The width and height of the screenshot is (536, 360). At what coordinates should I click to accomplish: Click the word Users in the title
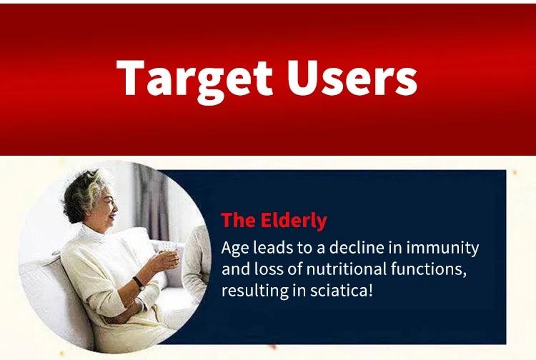pos(352,78)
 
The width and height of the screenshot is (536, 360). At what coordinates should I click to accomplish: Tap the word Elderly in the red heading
pos(294,220)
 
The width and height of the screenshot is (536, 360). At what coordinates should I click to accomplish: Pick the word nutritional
pos(346,269)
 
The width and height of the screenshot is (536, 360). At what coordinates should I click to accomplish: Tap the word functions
pos(429,269)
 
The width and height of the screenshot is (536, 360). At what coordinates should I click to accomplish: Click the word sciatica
pos(341,290)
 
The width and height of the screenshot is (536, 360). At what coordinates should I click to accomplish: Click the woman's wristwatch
pos(139,284)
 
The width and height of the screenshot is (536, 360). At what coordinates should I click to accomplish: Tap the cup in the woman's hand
pos(167,250)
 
